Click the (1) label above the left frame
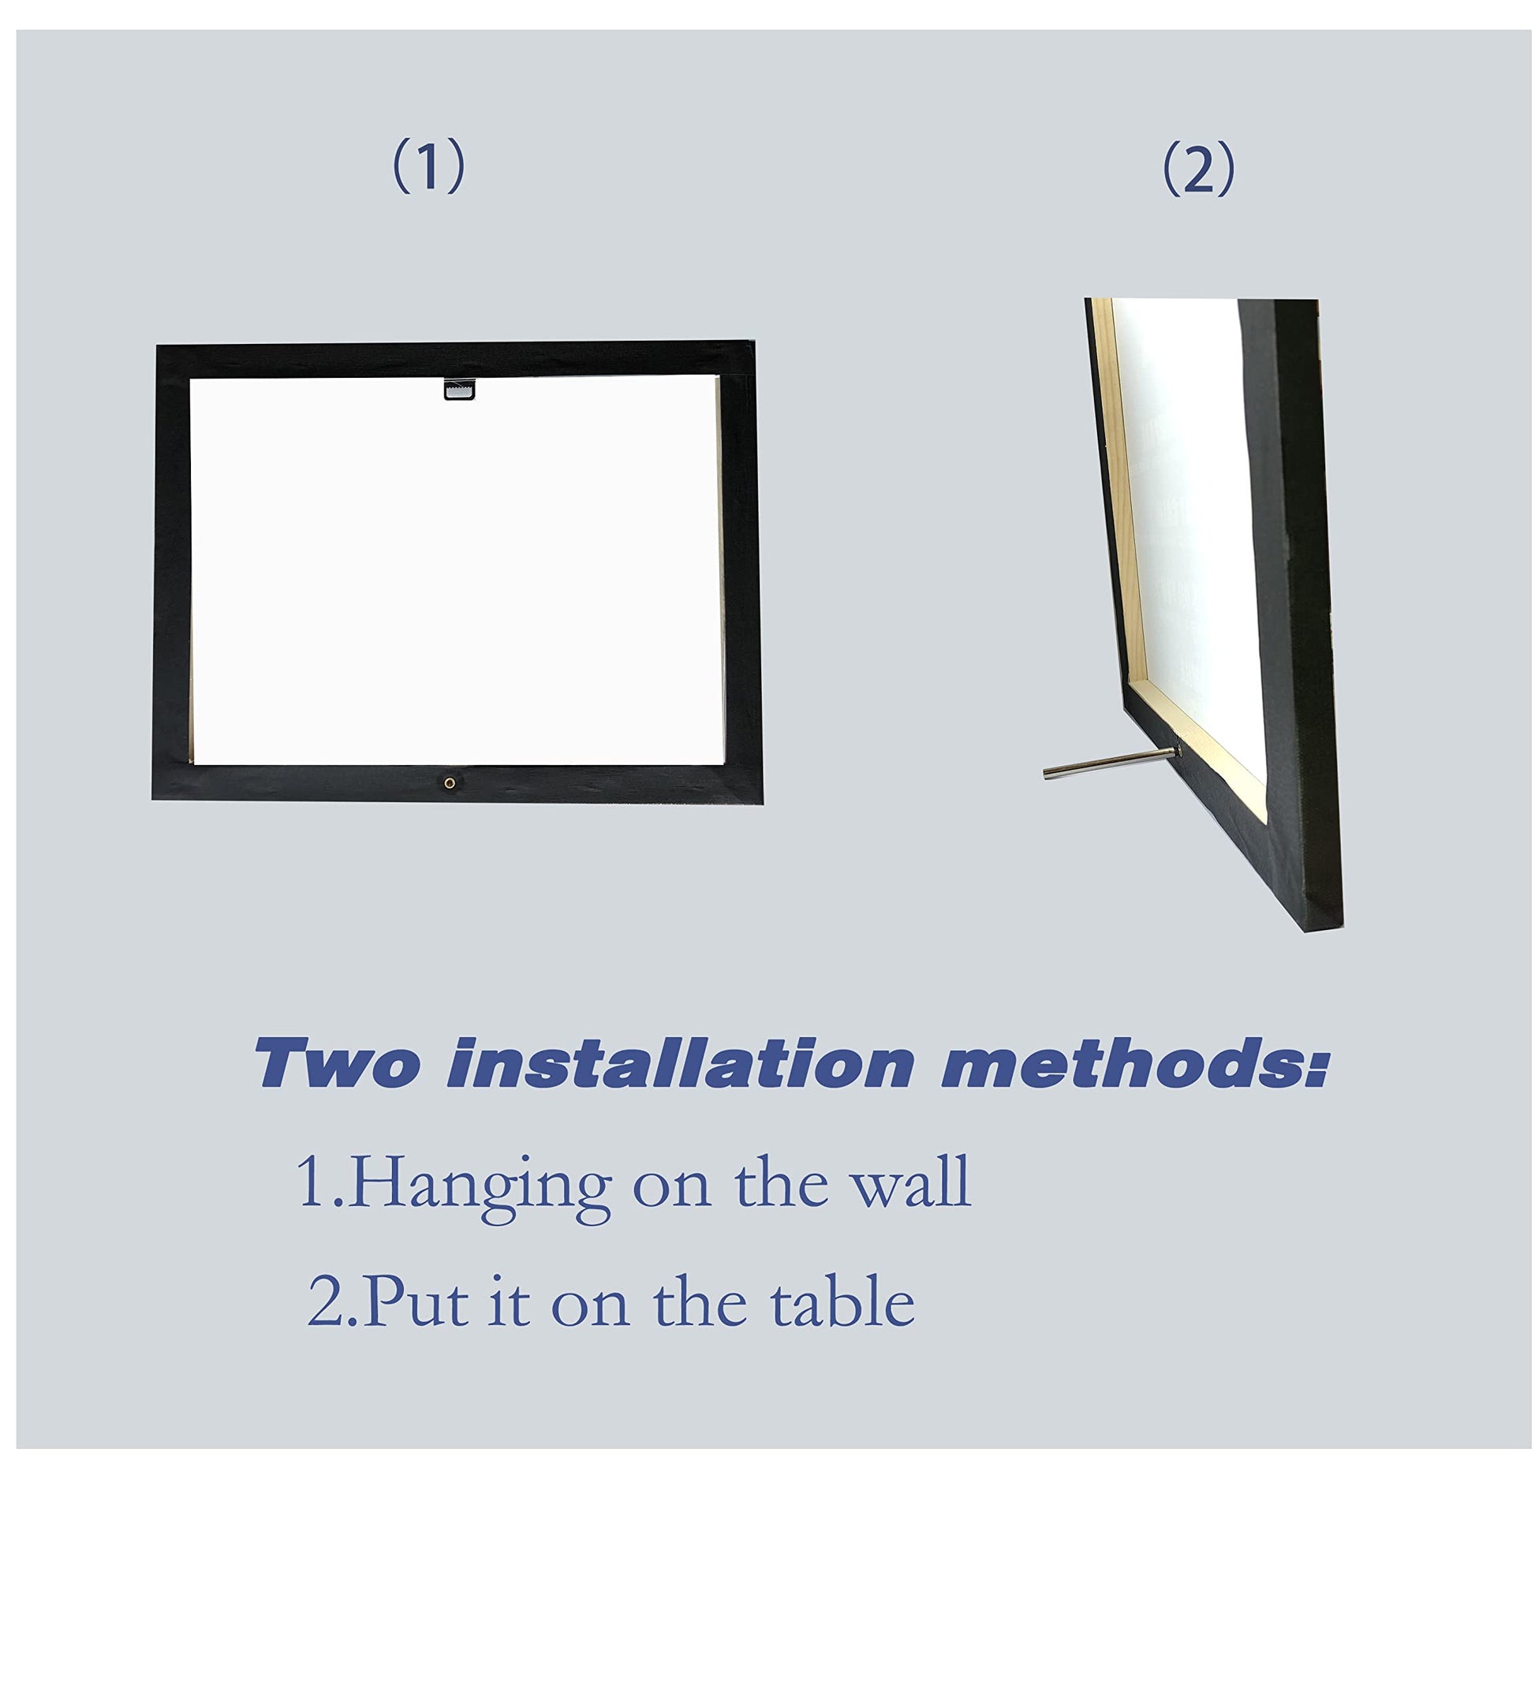pyautogui.click(x=428, y=166)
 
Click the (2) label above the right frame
pyautogui.click(x=1197, y=170)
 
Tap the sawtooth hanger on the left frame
pyautogui.click(x=459, y=389)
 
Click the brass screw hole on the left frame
pyautogui.click(x=450, y=782)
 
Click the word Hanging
pyautogui.click(x=480, y=1189)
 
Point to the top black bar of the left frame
pyautogui.click(x=454, y=358)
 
